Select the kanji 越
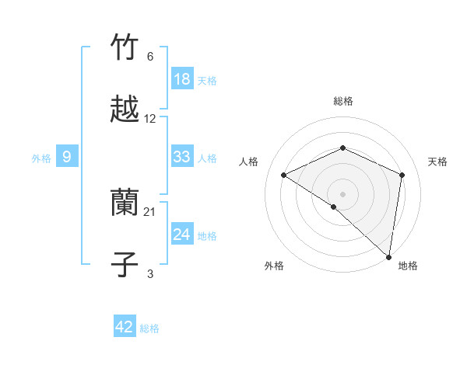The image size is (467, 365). [x=125, y=109]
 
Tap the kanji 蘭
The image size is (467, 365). [x=125, y=203]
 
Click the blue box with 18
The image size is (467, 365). [x=182, y=78]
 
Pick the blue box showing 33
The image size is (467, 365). [x=182, y=157]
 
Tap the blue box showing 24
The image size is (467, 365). [x=182, y=234]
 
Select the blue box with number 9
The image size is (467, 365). [x=67, y=157]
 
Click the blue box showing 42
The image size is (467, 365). [x=125, y=327]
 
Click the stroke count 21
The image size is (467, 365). [x=150, y=212]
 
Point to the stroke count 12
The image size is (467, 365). [x=150, y=119]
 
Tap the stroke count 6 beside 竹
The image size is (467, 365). [x=150, y=57]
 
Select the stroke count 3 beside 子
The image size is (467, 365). [x=150, y=273]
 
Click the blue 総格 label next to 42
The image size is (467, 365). [x=150, y=328]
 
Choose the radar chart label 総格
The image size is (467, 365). [x=343, y=101]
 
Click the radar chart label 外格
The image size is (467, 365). [x=274, y=266]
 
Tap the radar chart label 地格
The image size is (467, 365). [x=408, y=266]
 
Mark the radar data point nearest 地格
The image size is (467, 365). [x=389, y=256]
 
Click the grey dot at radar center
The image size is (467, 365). [x=343, y=193]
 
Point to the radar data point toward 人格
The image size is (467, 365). [x=284, y=176]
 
